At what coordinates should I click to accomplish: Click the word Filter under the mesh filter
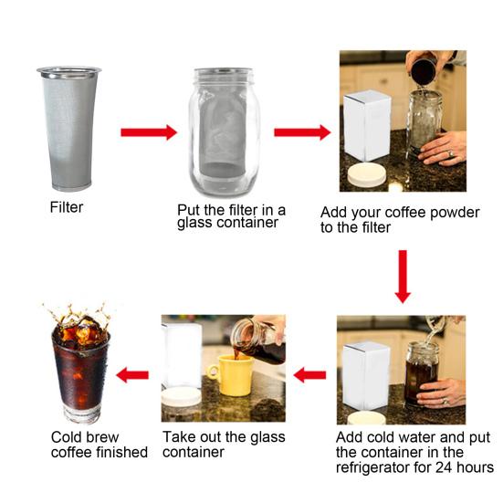pyautogui.click(x=66, y=207)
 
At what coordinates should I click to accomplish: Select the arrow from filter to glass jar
pyautogui.click(x=148, y=132)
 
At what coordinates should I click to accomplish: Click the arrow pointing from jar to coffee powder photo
pyautogui.click(x=302, y=132)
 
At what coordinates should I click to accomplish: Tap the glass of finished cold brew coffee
pyautogui.click(x=80, y=370)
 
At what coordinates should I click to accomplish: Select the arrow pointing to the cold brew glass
pyautogui.click(x=133, y=374)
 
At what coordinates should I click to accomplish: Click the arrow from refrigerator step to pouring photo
pyautogui.click(x=309, y=374)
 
